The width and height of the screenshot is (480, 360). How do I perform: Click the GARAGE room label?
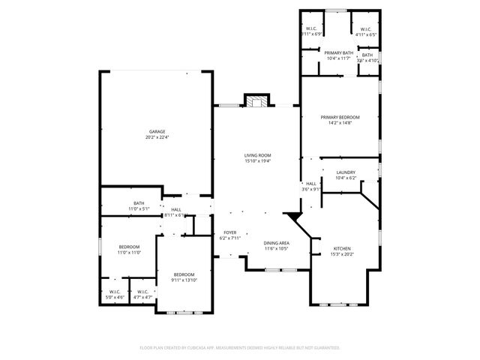(x=156, y=131)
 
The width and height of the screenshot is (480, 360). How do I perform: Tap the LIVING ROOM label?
(x=256, y=155)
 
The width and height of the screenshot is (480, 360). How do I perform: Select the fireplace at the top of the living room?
(x=256, y=101)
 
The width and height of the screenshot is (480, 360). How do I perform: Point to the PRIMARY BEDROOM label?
(x=340, y=117)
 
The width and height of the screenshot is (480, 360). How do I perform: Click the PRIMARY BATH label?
(x=339, y=52)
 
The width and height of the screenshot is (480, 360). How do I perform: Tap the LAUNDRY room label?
(x=346, y=172)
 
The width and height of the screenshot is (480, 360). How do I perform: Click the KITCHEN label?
(x=341, y=248)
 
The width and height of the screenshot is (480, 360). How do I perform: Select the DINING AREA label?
(x=277, y=243)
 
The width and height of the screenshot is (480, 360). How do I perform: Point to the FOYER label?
(x=230, y=232)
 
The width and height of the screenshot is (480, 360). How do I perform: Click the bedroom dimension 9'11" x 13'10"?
(x=184, y=280)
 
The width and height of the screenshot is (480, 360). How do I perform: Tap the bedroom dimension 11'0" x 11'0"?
(x=129, y=253)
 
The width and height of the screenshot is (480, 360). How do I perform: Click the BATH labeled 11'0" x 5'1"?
(x=139, y=208)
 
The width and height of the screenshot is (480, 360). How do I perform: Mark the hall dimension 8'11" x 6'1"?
(x=175, y=214)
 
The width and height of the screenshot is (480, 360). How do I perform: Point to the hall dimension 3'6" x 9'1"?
(x=311, y=189)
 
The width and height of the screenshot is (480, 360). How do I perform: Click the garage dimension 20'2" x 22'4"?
(x=156, y=137)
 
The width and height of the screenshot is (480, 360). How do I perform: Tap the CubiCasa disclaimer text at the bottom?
(x=240, y=348)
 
